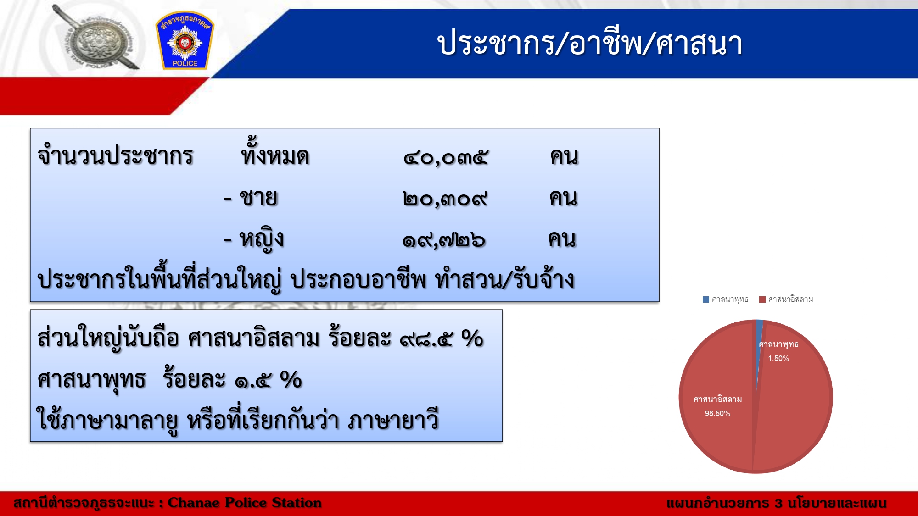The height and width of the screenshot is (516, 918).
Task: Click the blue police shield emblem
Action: coord(185,40)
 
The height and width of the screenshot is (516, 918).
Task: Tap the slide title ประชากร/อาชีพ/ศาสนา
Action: coord(589,44)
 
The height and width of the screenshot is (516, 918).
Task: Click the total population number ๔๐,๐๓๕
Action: coord(445,158)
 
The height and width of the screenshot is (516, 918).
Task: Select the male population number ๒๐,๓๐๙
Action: coord(444,199)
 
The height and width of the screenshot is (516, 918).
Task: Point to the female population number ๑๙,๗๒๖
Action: coord(443,240)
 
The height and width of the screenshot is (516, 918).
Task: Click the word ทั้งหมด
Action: coord(275,152)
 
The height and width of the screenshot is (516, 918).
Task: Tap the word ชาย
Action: coord(258,198)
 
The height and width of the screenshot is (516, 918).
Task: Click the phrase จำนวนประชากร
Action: coord(115,155)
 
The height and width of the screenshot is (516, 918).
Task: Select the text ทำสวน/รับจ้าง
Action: coord(505,278)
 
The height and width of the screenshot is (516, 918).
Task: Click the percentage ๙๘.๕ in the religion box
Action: coord(426,340)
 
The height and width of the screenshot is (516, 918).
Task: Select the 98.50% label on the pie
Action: coord(717,413)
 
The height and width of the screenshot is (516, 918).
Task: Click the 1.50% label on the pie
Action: coord(778,358)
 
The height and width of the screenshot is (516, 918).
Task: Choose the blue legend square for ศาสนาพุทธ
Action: coord(706,300)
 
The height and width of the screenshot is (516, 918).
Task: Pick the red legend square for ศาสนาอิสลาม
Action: coord(762,300)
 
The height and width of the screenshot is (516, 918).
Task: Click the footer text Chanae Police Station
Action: coord(245,503)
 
